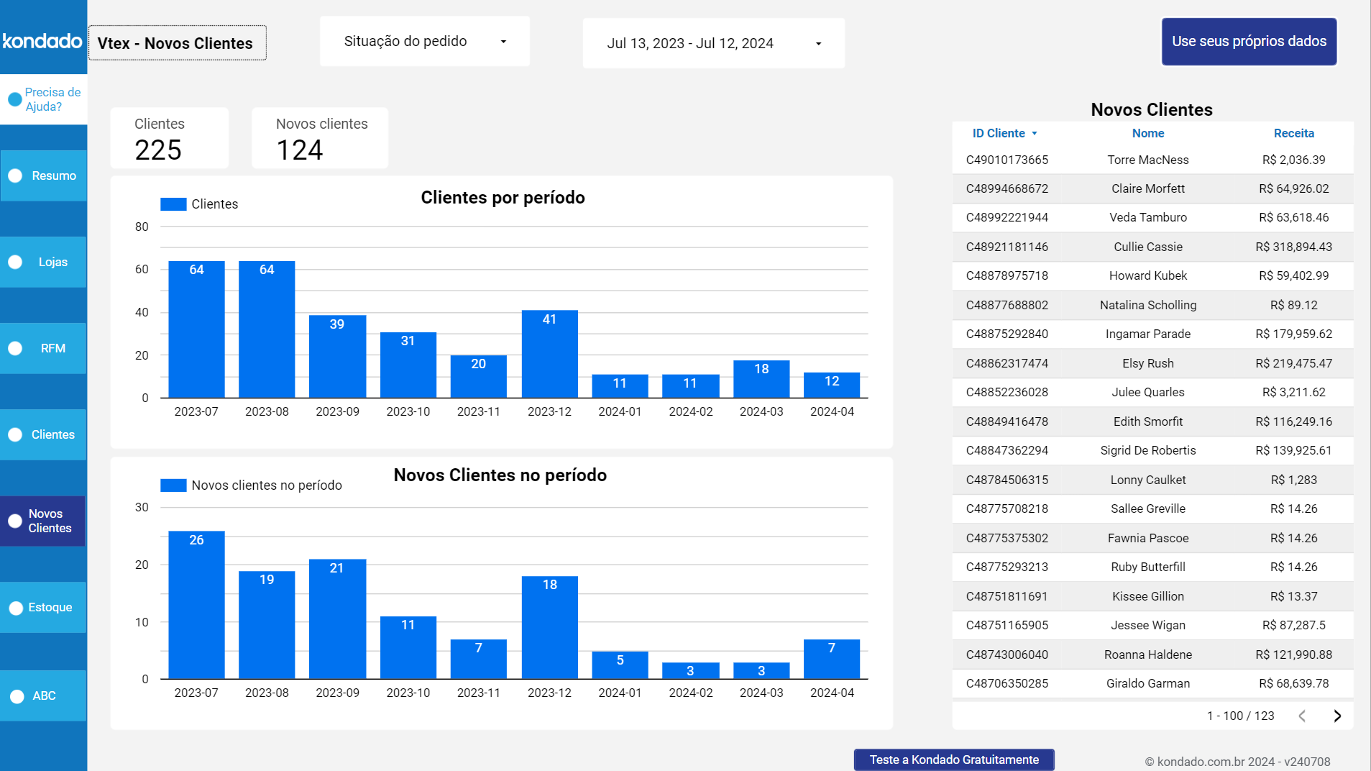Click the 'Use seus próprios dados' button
[1249, 42]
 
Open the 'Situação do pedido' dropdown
[424, 42]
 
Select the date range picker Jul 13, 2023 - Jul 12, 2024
[713, 43]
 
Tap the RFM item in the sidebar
[43, 348]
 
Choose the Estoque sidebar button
[43, 607]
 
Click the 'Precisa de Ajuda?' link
[45, 99]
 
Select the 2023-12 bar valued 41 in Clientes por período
[549, 354]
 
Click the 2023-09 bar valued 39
[337, 356]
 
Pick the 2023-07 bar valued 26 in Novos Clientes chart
[196, 604]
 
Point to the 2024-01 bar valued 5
[620, 665]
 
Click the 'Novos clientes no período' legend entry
[252, 485]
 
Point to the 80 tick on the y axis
[142, 227]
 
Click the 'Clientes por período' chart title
[503, 198]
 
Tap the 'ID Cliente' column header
[999, 133]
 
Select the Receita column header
[1293, 133]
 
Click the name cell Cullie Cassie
[1147, 247]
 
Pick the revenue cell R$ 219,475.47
[1293, 363]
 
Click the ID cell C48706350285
[1007, 683]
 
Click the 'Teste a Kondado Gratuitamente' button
[953, 759]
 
